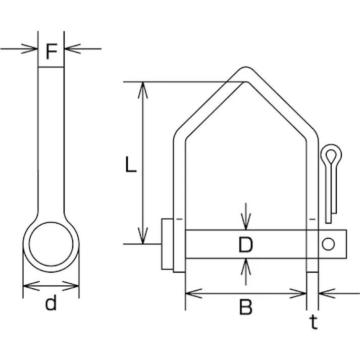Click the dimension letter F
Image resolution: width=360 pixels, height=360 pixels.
coord(52,51)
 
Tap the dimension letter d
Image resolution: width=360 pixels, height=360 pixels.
coord(50,303)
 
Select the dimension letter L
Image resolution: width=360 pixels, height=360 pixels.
coord(131,164)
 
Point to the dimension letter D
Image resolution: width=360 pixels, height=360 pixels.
coord(245,244)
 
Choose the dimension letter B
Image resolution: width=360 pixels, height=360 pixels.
coord(246,307)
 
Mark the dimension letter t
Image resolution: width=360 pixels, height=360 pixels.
coord(314,322)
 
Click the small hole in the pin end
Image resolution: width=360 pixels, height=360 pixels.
coord(328,244)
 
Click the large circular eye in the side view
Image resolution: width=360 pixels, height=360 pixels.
coord(51,244)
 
